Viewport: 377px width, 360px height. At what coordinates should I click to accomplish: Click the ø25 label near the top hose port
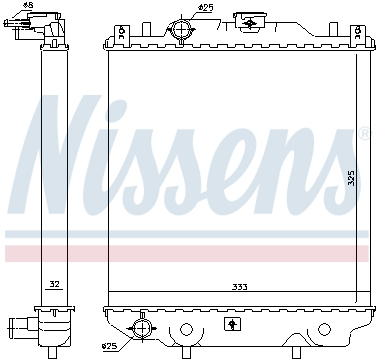(204, 9)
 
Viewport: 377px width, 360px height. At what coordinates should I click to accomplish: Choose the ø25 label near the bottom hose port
(109, 347)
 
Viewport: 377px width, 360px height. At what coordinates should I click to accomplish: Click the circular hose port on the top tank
(181, 30)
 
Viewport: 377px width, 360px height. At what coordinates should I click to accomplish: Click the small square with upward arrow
(233, 323)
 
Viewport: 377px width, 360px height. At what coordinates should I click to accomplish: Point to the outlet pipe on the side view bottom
(20, 325)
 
